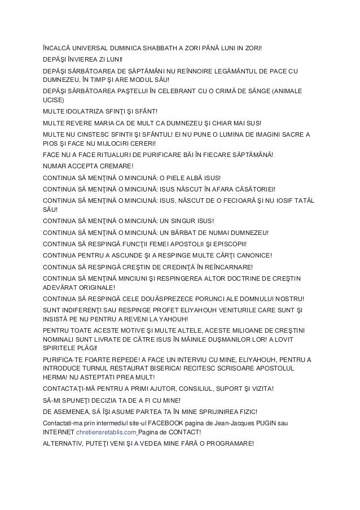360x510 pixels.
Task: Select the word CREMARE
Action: (x=117, y=165)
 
